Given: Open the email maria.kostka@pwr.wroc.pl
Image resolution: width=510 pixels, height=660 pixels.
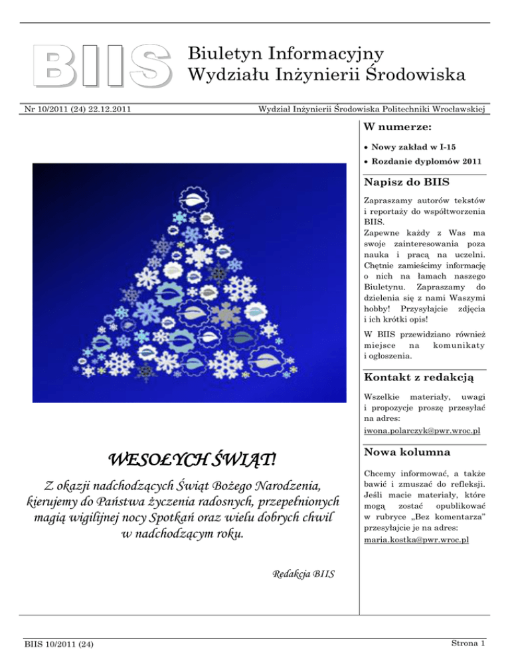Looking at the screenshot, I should [416, 522].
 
